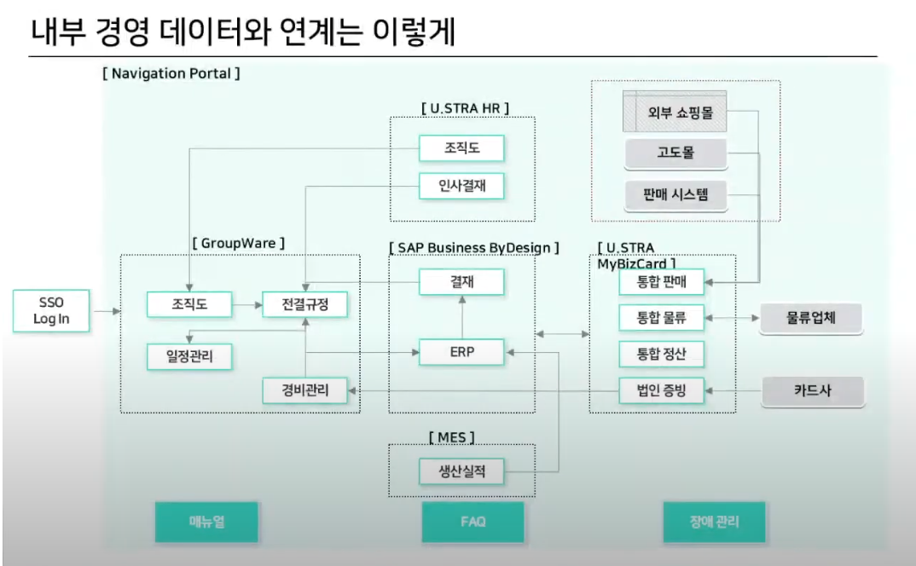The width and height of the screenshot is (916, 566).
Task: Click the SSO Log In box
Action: (51, 311)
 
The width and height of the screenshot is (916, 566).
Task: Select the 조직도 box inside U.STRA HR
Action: (461, 148)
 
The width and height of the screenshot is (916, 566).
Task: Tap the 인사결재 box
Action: (461, 186)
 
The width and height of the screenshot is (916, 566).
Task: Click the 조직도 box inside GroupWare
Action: (189, 303)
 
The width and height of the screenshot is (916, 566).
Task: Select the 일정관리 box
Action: (189, 355)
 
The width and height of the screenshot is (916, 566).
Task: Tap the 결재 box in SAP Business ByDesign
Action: (461, 282)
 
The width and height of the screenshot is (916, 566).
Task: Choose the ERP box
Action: (461, 351)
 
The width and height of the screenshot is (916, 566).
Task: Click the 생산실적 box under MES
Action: (461, 471)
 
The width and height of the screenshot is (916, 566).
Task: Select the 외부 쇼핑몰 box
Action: (675, 111)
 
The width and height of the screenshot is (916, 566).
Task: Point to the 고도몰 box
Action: (675, 154)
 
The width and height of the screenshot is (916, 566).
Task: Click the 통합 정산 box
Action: (661, 354)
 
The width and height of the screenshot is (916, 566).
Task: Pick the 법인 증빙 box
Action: (661, 391)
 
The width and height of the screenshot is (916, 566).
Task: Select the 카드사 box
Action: (811, 391)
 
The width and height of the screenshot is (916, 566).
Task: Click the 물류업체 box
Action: (811, 319)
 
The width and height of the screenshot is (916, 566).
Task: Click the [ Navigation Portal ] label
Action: (171, 73)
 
